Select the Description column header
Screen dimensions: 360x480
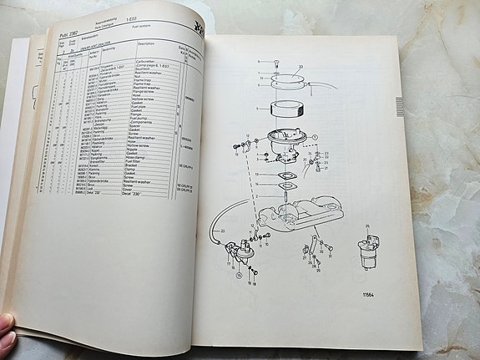147,43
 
